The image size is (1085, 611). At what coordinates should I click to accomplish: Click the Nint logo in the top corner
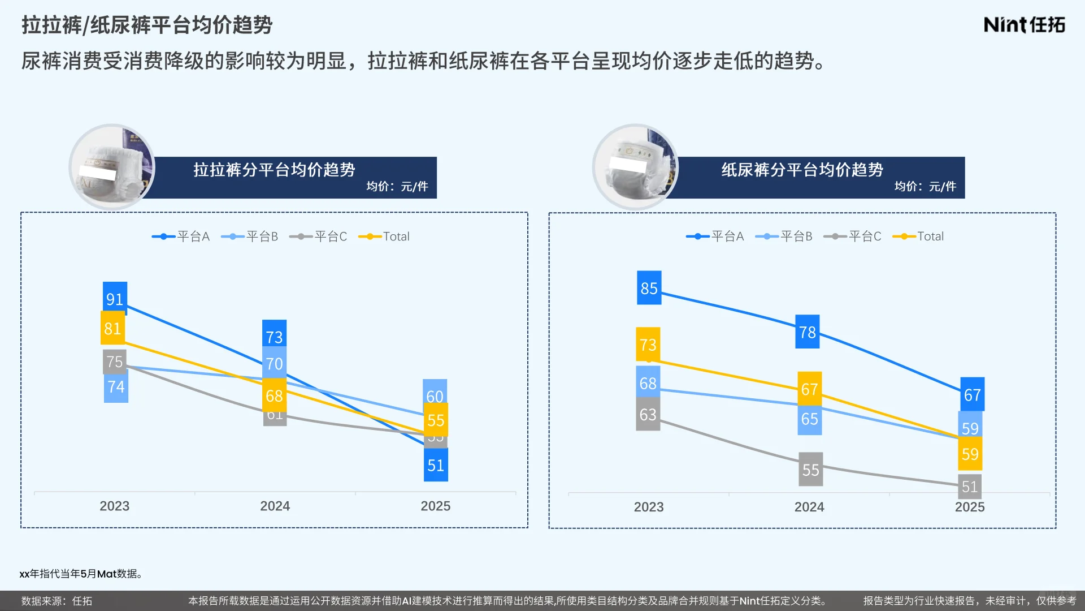(x=1024, y=25)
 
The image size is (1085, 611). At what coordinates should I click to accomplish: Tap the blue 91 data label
(x=115, y=298)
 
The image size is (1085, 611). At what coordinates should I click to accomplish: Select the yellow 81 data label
(x=112, y=328)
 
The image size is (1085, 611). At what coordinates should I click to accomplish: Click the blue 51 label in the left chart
(x=436, y=465)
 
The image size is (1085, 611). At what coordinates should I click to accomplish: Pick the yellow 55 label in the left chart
(x=436, y=420)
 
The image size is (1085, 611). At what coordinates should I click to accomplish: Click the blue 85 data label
(x=649, y=288)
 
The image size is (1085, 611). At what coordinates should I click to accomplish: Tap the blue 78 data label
(x=807, y=332)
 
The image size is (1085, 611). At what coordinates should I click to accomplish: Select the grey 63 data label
(x=648, y=414)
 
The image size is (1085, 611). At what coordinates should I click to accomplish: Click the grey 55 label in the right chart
(x=810, y=469)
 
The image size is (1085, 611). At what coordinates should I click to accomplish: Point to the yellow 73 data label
(x=648, y=344)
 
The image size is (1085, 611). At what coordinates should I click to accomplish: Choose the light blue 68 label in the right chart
(x=648, y=383)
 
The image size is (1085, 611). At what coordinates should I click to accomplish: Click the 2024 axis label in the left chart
(x=275, y=506)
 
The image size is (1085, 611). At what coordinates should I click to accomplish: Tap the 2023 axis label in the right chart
(x=649, y=507)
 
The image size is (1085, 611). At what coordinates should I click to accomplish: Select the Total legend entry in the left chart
(x=385, y=236)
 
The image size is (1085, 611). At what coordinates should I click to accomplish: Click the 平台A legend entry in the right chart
(x=715, y=236)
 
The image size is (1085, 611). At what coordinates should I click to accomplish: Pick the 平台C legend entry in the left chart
(x=319, y=236)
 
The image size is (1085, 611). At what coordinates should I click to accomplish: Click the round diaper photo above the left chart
(x=112, y=167)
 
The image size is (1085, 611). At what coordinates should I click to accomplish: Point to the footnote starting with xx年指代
(x=81, y=574)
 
